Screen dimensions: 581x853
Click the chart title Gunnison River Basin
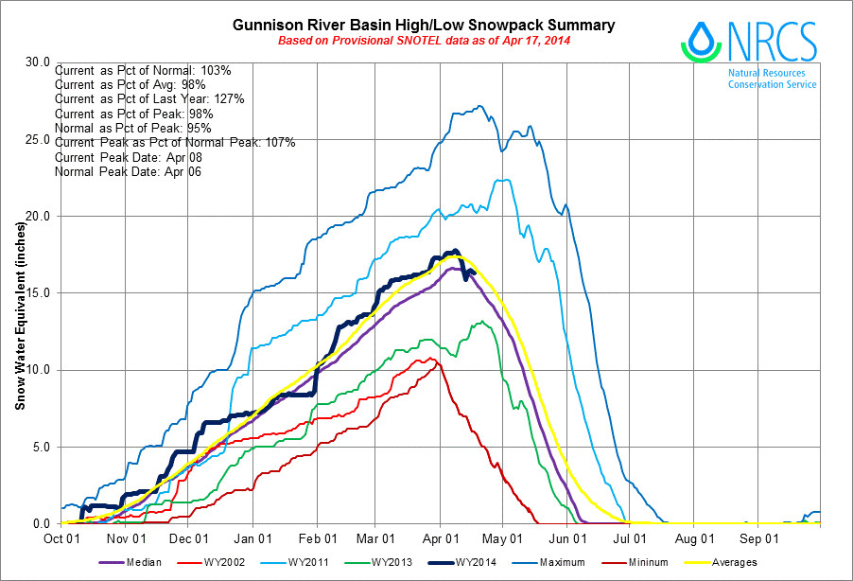click(x=424, y=25)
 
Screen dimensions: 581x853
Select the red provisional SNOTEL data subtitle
click(x=424, y=42)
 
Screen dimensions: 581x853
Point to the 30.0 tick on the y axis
click(x=39, y=62)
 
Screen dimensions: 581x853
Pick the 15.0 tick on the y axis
click(x=39, y=292)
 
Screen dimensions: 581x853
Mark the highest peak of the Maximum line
click(x=480, y=106)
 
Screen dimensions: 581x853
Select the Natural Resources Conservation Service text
click(x=772, y=79)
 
